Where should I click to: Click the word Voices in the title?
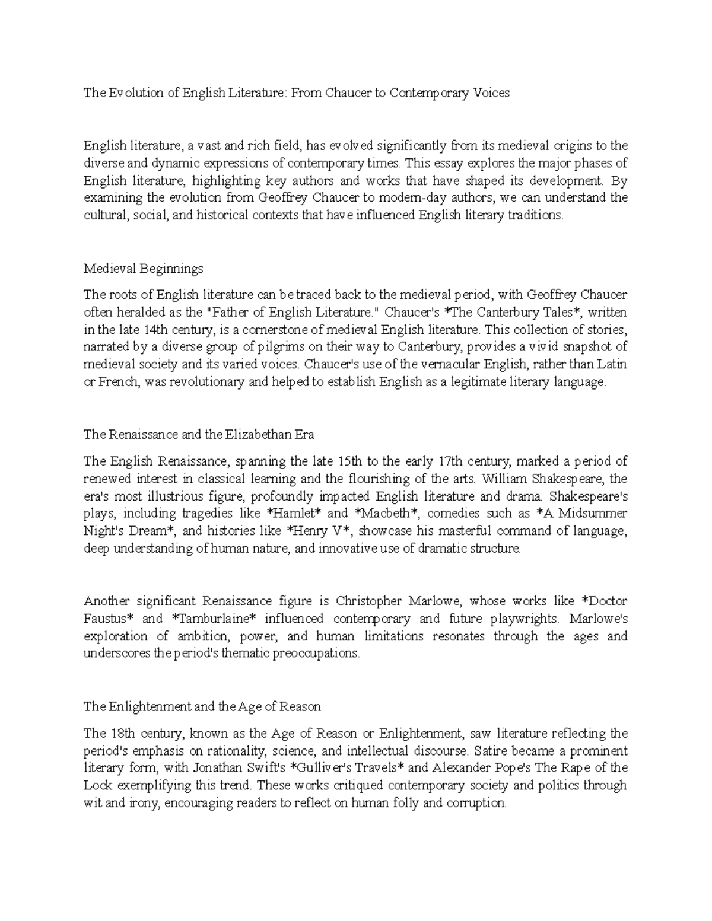[491, 93]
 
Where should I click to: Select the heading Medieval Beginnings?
[143, 269]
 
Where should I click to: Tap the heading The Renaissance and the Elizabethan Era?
[199, 434]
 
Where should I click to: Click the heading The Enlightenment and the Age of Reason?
[202, 706]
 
